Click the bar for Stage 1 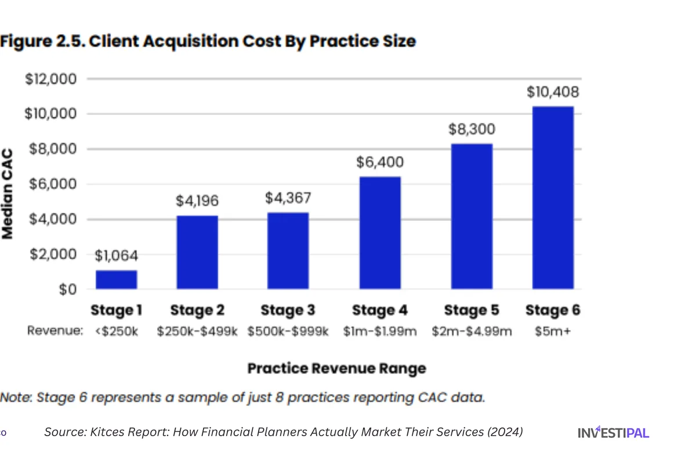pos(116,280)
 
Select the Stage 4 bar pos(380,233)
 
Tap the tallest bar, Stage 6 pos(553,197)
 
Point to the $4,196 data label pos(197,201)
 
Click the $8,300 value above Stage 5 pos(472,129)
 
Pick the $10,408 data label pos(553,92)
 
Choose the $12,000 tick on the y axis pos(50,79)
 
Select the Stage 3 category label pos(288,310)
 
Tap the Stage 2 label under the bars pos(197,310)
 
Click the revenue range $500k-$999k pos(288,331)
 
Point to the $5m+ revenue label pos(552,331)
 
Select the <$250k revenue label pos(116,331)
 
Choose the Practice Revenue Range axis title pos(336,368)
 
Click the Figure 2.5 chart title pos(208,41)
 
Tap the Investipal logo pos(613,432)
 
